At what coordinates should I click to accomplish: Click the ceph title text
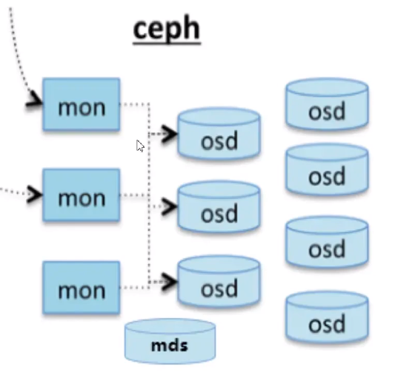point(167,29)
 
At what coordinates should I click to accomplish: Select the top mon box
point(82,104)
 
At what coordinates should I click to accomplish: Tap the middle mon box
point(82,195)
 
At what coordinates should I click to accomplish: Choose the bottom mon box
point(82,288)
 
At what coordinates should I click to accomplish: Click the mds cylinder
point(170,341)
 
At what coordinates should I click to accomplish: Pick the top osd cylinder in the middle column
point(219,134)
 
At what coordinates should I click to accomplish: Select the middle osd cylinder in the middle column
point(219,206)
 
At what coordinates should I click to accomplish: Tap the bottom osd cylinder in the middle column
point(219,281)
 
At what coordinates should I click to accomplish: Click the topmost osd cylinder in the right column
point(327,104)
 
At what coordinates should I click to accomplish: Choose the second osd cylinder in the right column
point(327,169)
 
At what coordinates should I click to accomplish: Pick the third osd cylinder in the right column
point(327,242)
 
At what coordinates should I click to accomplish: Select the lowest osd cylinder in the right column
point(327,317)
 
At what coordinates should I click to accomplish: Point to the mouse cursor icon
point(140,146)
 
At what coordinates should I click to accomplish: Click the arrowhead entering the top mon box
point(34,101)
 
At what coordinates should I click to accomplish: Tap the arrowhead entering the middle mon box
point(35,195)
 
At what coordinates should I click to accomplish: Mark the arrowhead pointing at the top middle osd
point(169,134)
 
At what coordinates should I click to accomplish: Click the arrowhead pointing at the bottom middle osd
point(169,282)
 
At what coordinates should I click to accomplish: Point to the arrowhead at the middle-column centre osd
point(169,207)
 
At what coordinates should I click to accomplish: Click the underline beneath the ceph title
point(167,44)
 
